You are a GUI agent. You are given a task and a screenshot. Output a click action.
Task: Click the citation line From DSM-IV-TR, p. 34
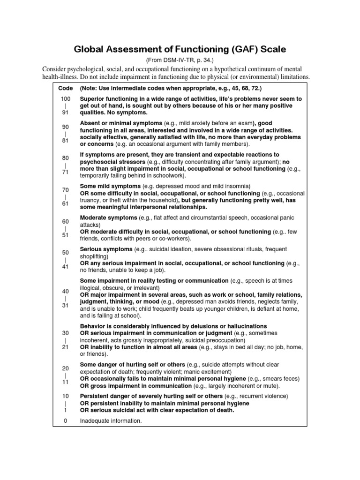[x=180, y=60]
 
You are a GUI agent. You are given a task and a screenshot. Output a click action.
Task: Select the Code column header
[x=65, y=88]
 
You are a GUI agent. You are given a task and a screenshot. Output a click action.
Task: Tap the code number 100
[x=65, y=99]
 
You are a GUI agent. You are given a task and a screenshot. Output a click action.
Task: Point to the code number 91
[x=65, y=113]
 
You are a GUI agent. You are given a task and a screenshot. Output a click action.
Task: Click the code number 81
[x=65, y=141]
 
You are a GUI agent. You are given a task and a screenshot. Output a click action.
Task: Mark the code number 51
[x=65, y=235]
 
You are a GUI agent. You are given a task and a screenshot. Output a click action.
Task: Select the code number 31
[x=65, y=305]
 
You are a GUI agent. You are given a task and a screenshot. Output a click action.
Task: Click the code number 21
[x=65, y=347]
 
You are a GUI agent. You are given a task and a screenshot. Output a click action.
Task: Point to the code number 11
[x=65, y=382]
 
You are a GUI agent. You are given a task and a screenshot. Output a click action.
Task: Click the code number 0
[x=65, y=420]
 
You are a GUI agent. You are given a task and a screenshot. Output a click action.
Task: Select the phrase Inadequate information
[x=111, y=420]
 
